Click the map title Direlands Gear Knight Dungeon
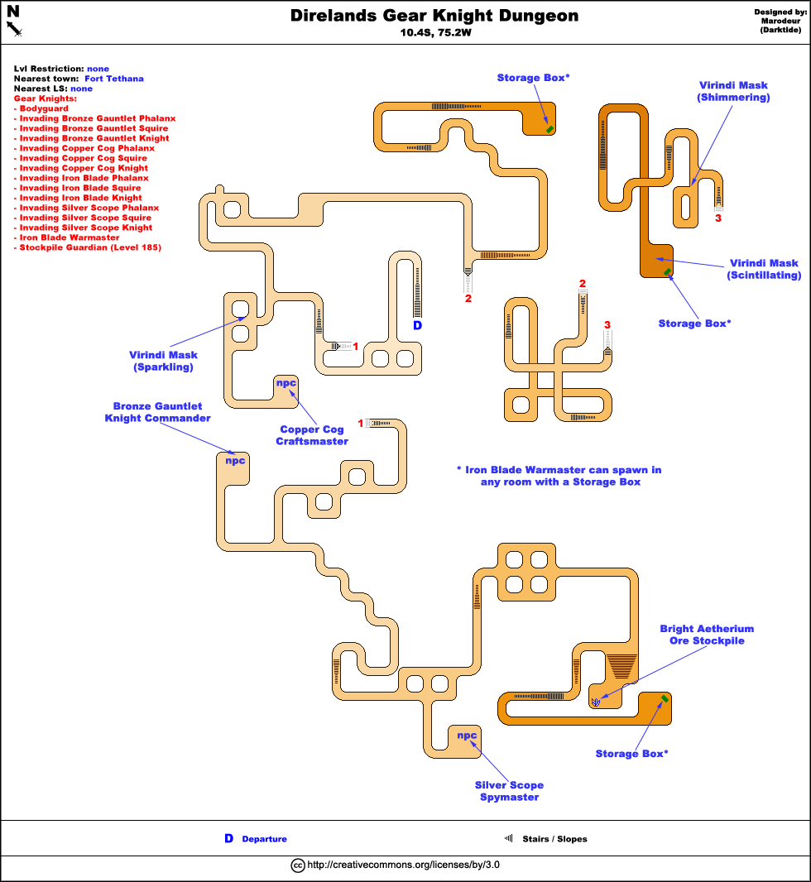coord(434,17)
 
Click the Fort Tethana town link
coord(114,79)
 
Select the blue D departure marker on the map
coord(417,326)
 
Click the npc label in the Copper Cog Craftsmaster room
coord(286,383)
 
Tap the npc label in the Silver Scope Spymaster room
coord(467,735)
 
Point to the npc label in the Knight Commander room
coord(236,460)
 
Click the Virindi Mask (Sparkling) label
coord(163,361)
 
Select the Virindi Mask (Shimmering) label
coord(734,91)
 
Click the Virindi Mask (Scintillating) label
coord(764,269)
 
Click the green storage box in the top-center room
coord(549,128)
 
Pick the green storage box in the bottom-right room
coord(665,700)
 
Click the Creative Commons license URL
coord(403,865)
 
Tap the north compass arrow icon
coord(14,22)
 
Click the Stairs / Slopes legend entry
coord(554,839)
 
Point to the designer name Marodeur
coord(781,22)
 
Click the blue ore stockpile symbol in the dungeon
coord(596,702)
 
